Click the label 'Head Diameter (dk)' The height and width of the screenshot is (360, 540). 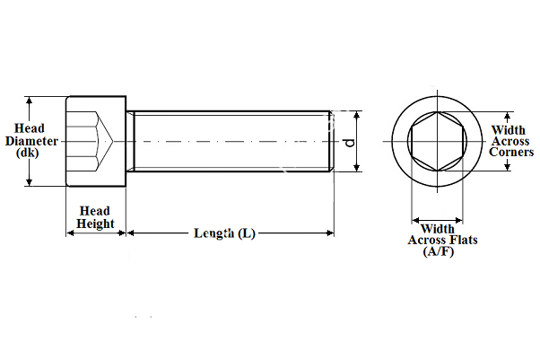[32, 141]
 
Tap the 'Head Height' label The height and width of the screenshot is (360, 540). [95, 216]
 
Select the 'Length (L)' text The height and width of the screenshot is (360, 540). [224, 233]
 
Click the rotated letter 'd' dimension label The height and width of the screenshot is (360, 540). [349, 142]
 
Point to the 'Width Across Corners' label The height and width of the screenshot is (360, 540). [510, 141]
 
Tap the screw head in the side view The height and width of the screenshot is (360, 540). [95, 142]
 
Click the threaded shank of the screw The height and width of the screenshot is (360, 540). [229, 142]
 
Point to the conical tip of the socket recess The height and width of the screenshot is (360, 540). [109, 142]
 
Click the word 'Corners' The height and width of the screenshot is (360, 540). [511, 153]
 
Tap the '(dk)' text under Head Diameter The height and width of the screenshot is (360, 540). [29, 153]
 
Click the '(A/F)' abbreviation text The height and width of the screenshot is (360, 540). [439, 252]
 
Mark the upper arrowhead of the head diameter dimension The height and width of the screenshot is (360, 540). [30, 101]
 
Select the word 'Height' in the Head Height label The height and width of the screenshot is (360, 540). [95, 223]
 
